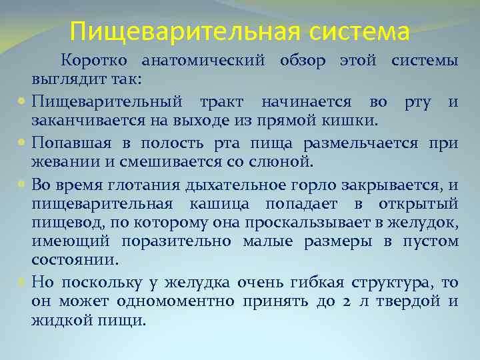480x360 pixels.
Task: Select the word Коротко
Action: point(93,61)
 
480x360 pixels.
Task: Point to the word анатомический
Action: point(204,61)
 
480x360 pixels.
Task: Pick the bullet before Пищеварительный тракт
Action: point(23,103)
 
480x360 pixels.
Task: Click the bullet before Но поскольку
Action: point(23,283)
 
